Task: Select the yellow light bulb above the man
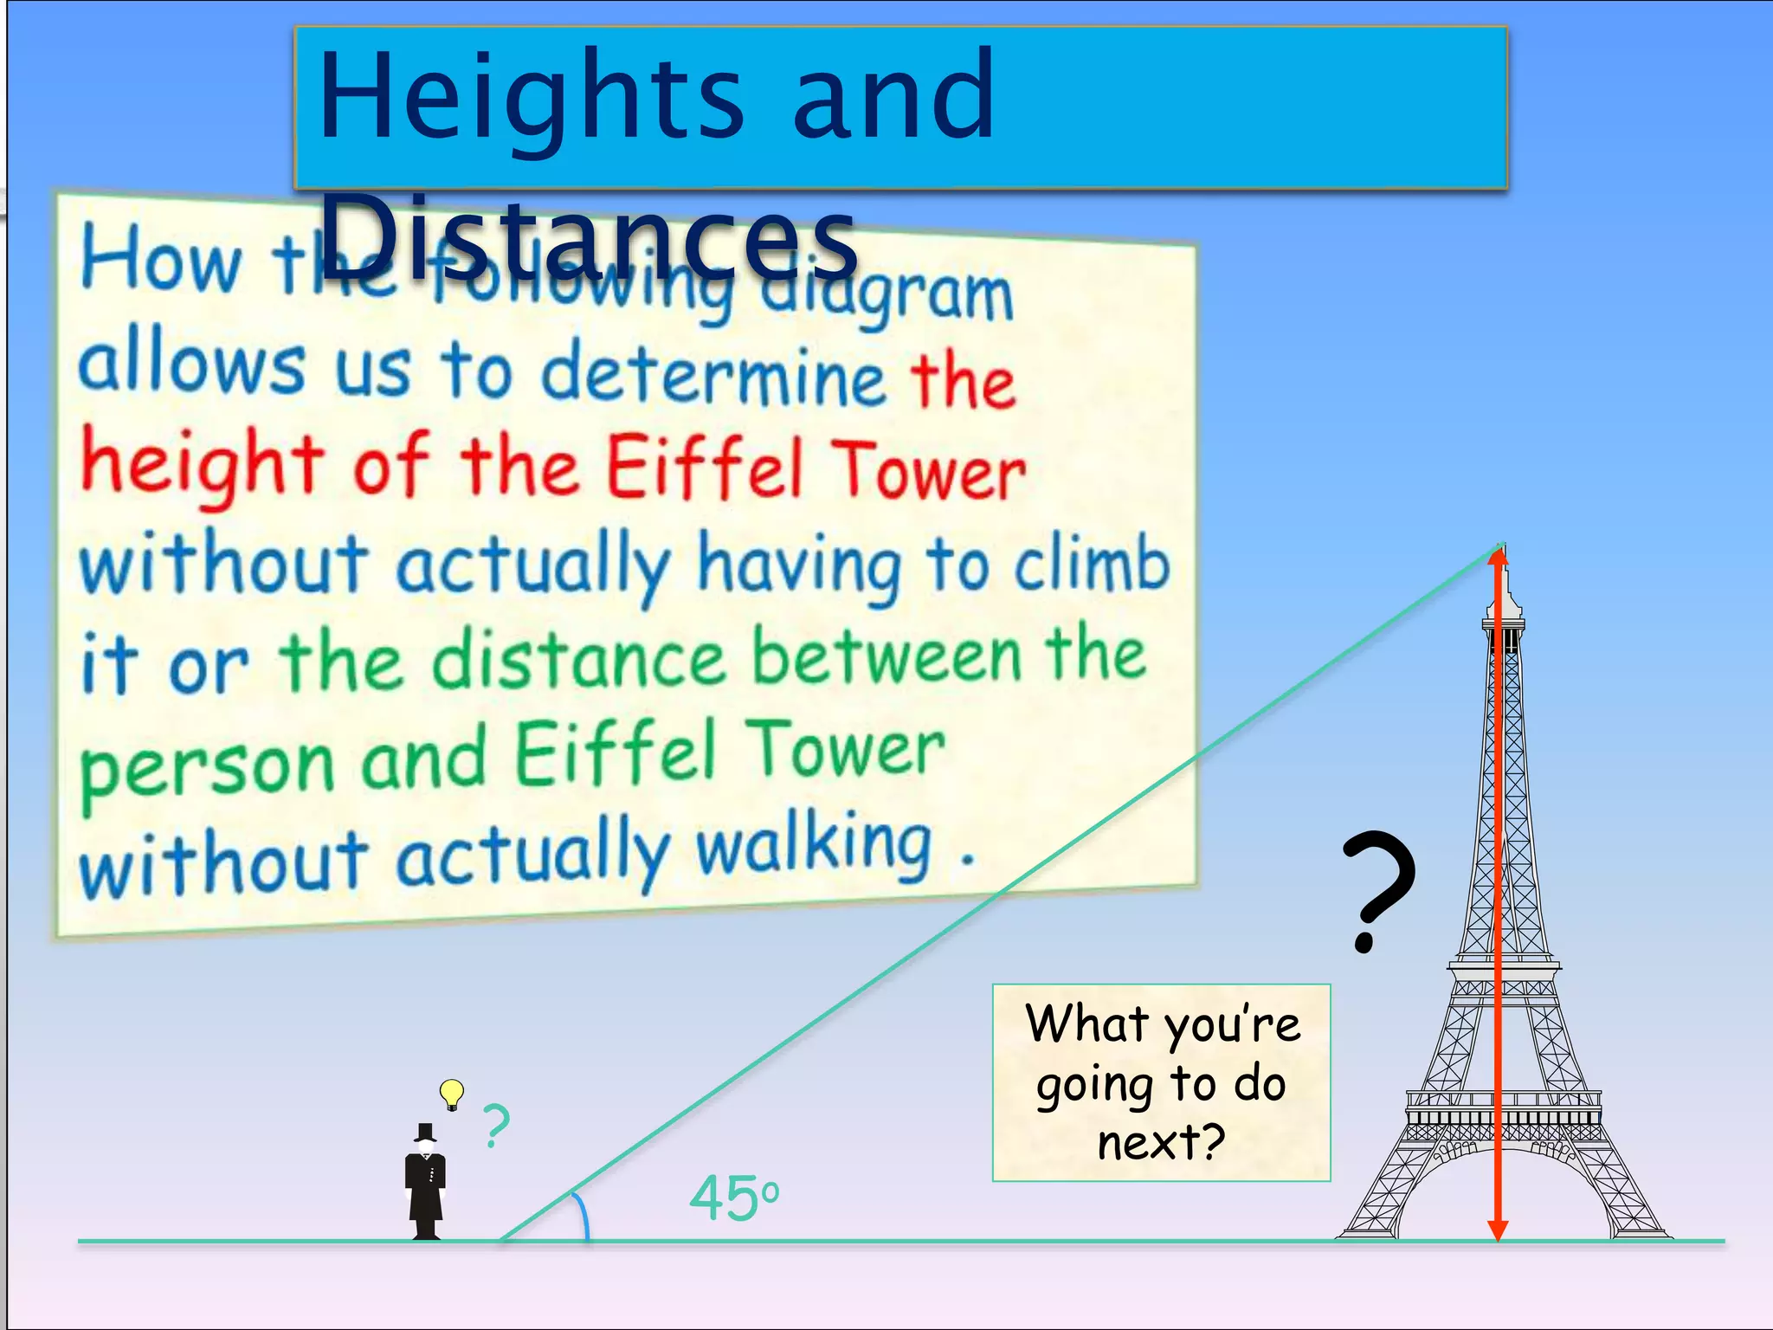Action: point(451,1093)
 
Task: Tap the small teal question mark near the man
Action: point(496,1126)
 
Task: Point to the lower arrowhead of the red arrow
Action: point(1498,1230)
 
